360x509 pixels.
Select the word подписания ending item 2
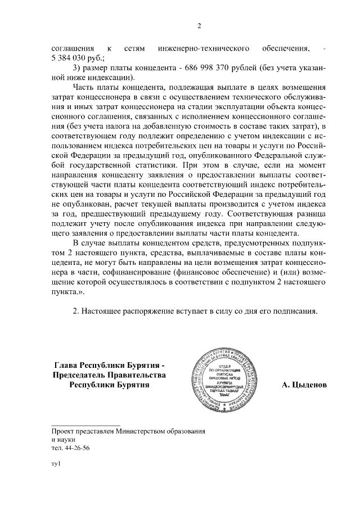pyautogui.click(x=297, y=311)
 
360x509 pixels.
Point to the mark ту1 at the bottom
pyautogui.click(x=55, y=465)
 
